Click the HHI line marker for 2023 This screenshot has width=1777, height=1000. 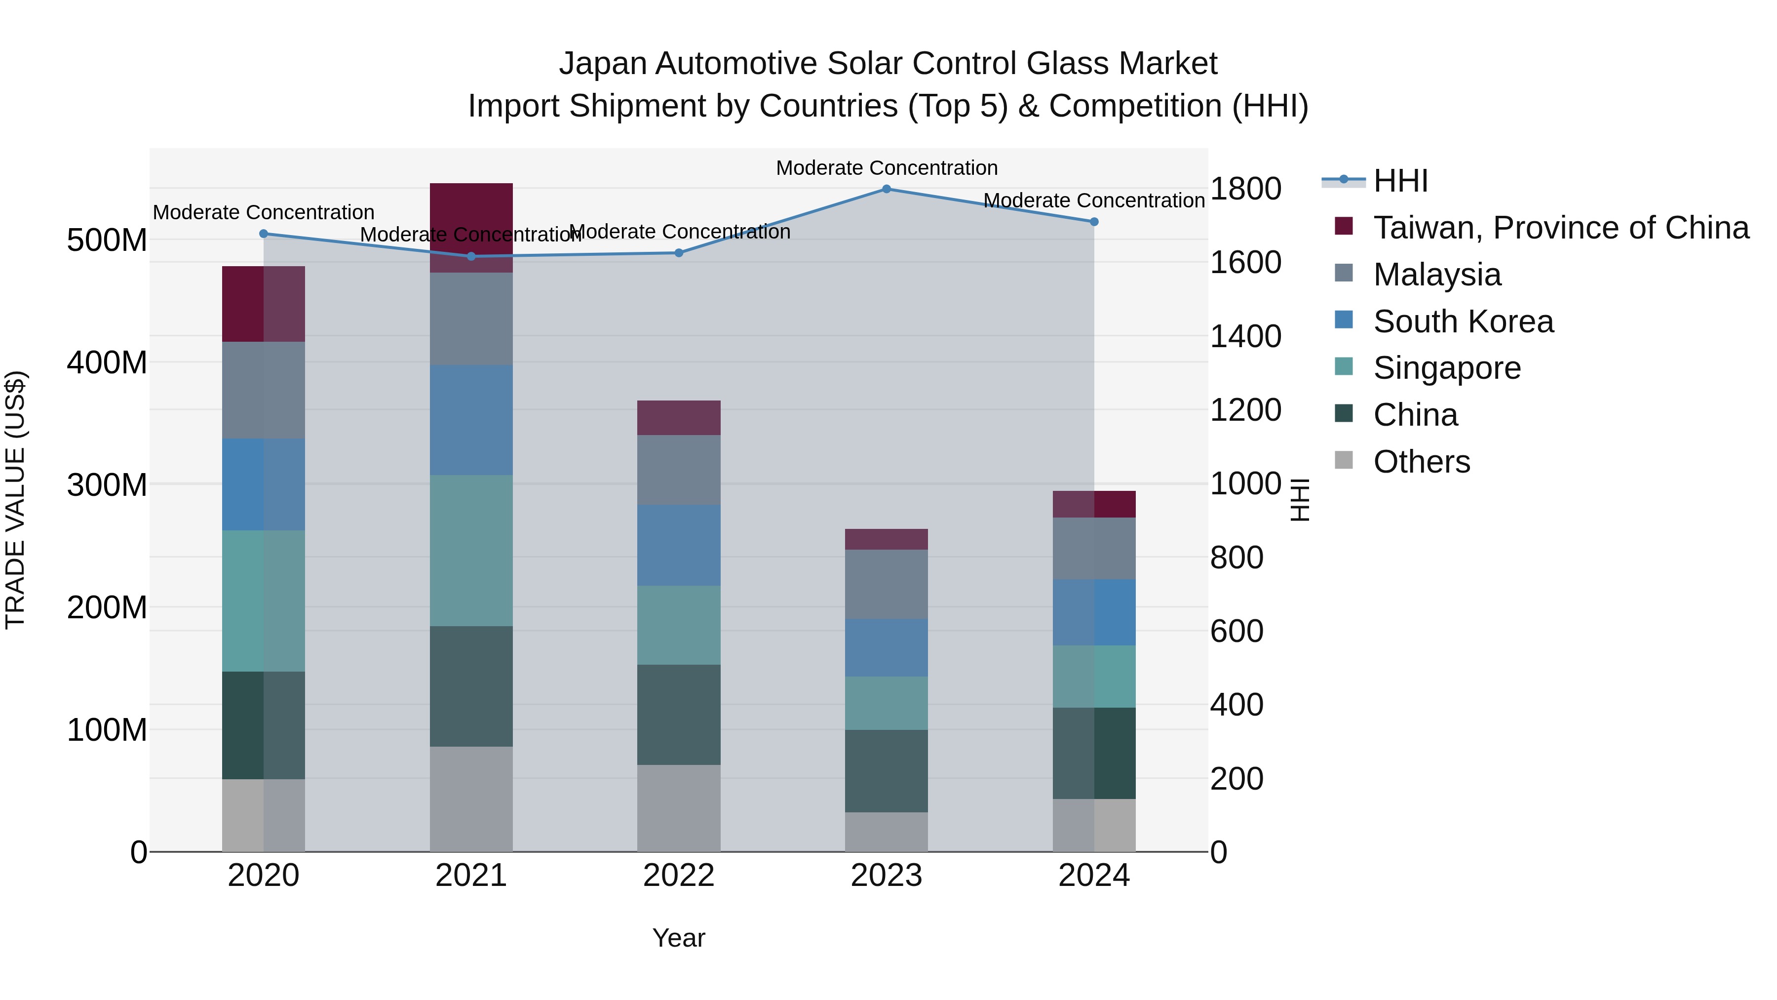tap(887, 189)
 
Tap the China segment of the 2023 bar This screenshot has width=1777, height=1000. tap(887, 771)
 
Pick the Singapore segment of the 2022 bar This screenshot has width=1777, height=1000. tap(679, 625)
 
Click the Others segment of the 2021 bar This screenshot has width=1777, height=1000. tap(471, 799)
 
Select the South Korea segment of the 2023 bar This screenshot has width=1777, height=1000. tap(887, 647)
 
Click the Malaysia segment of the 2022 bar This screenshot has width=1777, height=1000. tap(679, 470)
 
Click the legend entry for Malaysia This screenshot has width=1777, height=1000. tap(1436, 275)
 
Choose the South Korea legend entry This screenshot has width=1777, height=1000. tap(1463, 321)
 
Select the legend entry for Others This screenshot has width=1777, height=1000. tap(1421, 462)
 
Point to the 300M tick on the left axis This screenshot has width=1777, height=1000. tap(107, 485)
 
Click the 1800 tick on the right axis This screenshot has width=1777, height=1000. tap(1245, 189)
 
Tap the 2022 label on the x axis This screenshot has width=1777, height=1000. tap(679, 876)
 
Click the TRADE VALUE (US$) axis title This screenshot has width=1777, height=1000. tap(16, 500)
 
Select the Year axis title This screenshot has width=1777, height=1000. tap(679, 938)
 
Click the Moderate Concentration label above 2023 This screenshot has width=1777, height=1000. tap(887, 168)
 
